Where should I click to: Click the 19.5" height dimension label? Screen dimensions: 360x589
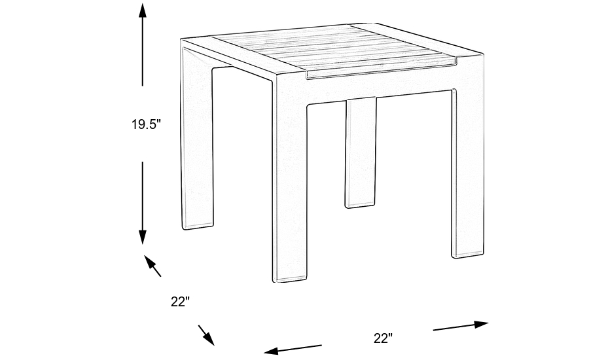click(145, 124)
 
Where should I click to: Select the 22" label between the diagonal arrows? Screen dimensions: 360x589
click(180, 302)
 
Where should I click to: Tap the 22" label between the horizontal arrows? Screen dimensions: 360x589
click(383, 338)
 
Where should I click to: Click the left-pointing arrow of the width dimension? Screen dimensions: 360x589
click(291, 349)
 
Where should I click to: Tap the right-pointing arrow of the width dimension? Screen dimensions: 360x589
click(461, 325)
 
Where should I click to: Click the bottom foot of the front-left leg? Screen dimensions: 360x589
click(290, 278)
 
